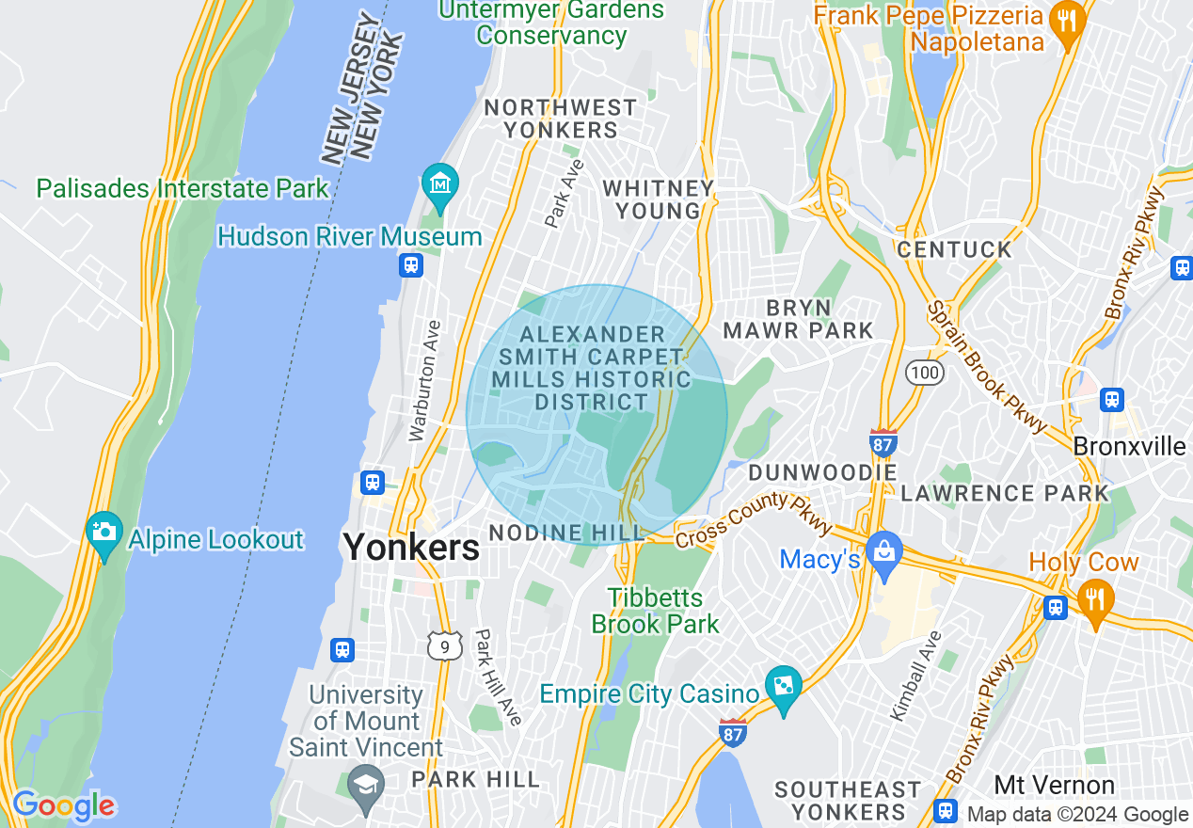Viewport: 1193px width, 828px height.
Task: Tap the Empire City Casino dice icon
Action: [783, 686]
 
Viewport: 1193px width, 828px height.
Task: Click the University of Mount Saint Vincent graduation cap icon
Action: [365, 782]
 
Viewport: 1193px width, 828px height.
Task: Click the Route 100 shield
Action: [925, 374]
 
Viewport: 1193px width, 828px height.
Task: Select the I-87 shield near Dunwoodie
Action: [883, 443]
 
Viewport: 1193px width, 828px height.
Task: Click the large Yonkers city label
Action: [411, 547]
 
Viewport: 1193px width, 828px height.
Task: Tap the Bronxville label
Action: [1130, 446]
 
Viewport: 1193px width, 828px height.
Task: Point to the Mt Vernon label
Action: [1054, 785]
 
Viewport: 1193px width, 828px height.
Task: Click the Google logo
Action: [63, 805]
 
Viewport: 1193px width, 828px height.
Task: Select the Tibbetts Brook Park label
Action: [655, 611]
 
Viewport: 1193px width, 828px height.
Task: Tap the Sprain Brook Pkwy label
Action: [987, 368]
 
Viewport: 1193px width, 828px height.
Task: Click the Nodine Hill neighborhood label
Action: [566, 533]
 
